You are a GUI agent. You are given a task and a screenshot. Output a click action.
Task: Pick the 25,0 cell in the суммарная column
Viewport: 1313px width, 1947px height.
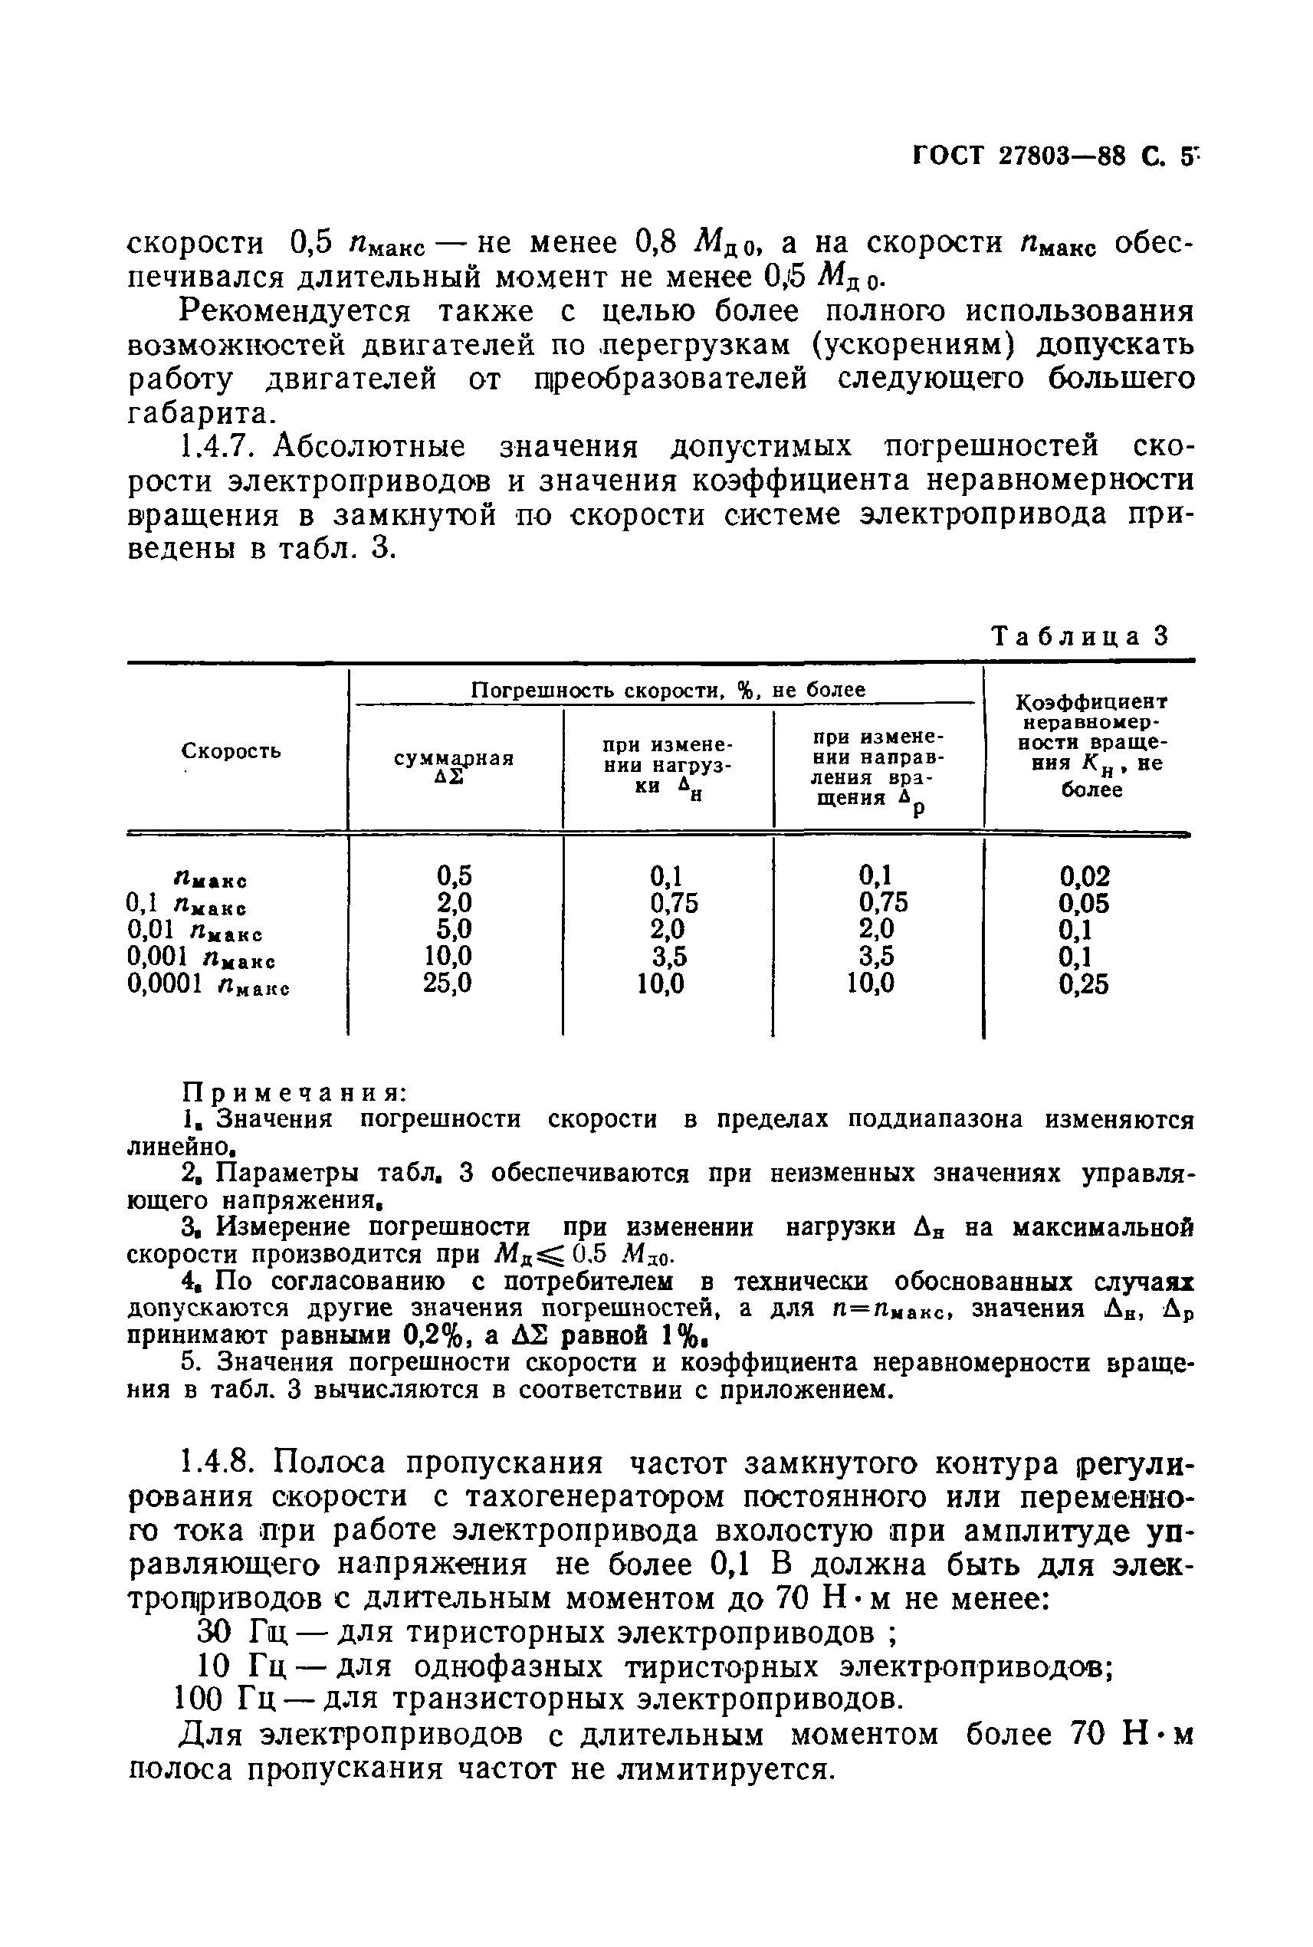447,983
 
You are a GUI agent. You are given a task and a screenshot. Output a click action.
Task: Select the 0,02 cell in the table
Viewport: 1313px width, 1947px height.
1085,877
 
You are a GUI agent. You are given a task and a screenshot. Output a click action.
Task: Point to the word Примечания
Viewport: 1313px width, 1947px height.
294,1092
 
